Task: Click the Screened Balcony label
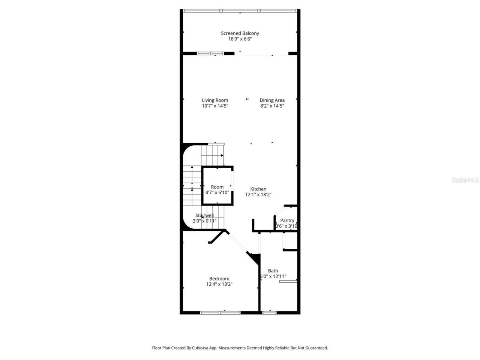tap(240, 33)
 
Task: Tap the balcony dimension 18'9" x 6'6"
tap(240, 39)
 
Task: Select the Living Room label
tap(215, 100)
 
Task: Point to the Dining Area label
tap(272, 100)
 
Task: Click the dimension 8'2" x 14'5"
tap(272, 106)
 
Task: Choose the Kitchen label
tap(258, 189)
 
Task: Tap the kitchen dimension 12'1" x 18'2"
tap(258, 195)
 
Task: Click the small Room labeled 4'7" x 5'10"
tap(217, 187)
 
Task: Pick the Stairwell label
tap(204, 215)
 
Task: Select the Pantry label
tap(287, 220)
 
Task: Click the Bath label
tap(273, 271)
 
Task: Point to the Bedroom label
tap(219, 279)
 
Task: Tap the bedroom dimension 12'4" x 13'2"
tap(219, 284)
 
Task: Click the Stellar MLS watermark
tap(465, 180)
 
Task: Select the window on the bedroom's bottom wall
tap(220, 312)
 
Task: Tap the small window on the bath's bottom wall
tap(269, 312)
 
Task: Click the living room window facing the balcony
tap(210, 53)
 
